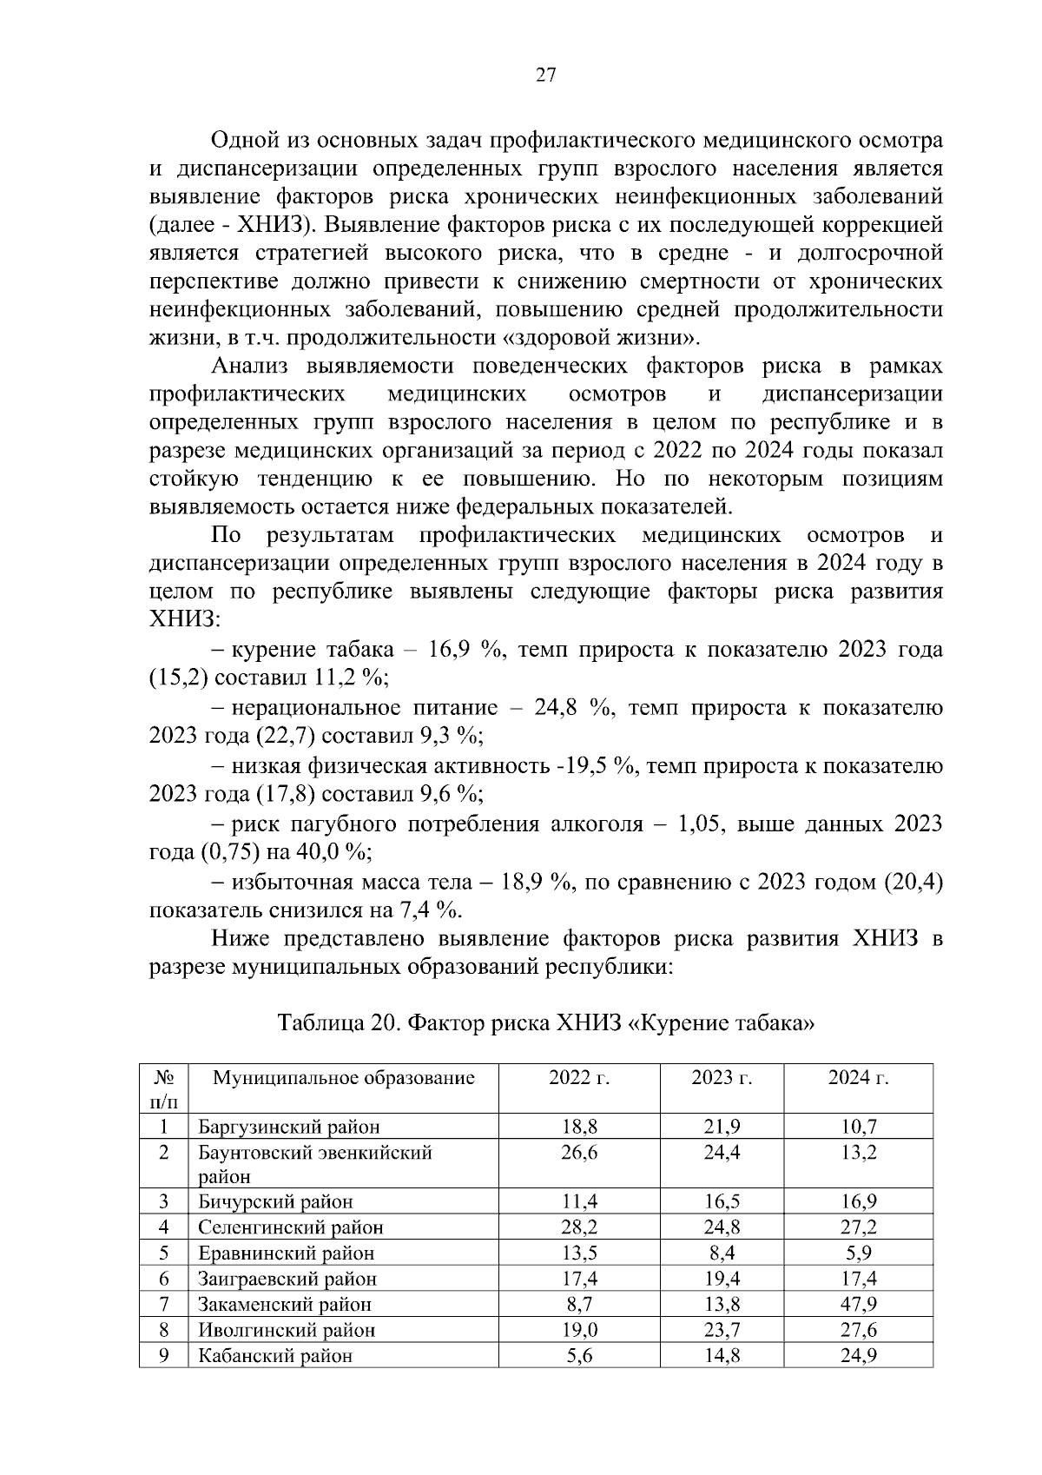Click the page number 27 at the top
pyautogui.click(x=544, y=76)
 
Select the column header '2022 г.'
pyautogui.click(x=579, y=1078)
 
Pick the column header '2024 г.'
pyautogui.click(x=858, y=1078)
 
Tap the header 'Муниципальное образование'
pyautogui.click(x=344, y=1078)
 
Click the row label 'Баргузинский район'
pyautogui.click(x=288, y=1128)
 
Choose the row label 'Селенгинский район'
pyautogui.click(x=290, y=1227)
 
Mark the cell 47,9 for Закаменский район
pyautogui.click(x=858, y=1304)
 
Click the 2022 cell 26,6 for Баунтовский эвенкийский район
pyautogui.click(x=579, y=1153)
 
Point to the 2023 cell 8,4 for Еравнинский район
pyautogui.click(x=722, y=1253)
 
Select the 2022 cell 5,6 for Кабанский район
pyautogui.click(x=579, y=1355)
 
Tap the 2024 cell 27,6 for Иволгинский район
pyautogui.click(x=858, y=1330)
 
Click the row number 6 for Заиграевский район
pyautogui.click(x=163, y=1279)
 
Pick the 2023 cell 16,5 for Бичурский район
pyautogui.click(x=722, y=1202)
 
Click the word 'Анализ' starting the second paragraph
pyautogui.click(x=249, y=367)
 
